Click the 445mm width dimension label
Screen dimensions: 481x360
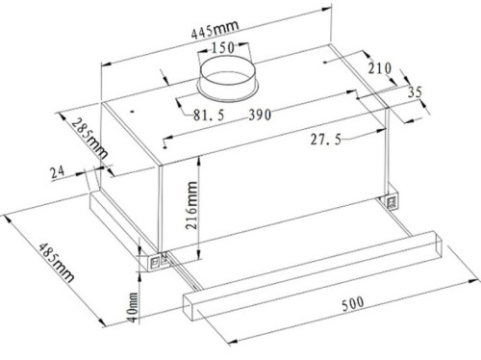click(x=215, y=29)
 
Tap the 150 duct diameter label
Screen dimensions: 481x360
click(x=223, y=47)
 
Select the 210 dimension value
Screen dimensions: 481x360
click(x=380, y=68)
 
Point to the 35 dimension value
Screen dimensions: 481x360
click(x=415, y=92)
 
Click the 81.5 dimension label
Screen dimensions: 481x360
click(x=209, y=116)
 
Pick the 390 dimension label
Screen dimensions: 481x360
click(x=260, y=115)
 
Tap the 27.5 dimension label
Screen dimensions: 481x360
click(x=326, y=140)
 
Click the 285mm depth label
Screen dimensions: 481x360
click(x=89, y=139)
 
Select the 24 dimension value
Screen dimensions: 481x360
click(x=58, y=172)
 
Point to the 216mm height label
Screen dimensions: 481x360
click(x=191, y=205)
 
